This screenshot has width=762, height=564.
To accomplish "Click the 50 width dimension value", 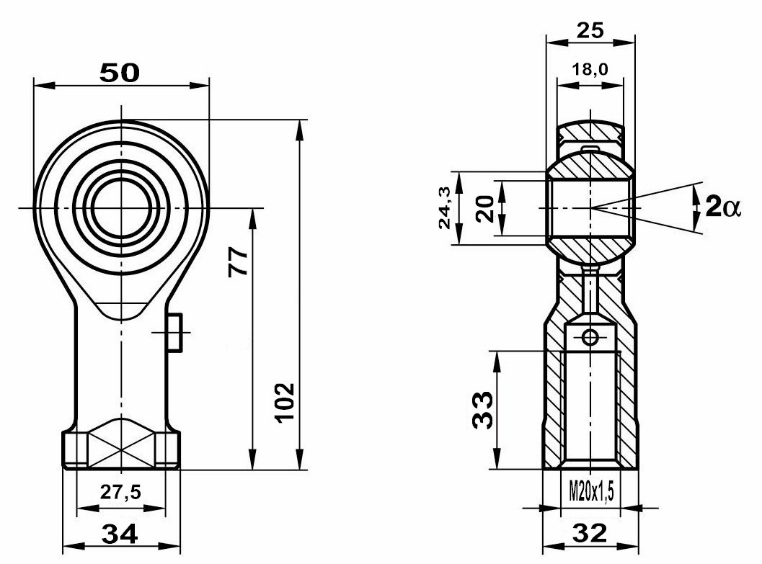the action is coord(120,73).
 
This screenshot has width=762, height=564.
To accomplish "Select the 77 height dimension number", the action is coord(238,262).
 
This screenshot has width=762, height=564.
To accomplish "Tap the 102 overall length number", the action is coord(285,403).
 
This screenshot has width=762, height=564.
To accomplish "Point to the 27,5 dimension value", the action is coord(120,492).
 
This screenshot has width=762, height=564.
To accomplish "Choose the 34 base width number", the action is coord(120,534).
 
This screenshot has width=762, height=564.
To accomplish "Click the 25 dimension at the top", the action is coord(590,30).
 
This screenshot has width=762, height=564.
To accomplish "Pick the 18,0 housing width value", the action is coord(590,69).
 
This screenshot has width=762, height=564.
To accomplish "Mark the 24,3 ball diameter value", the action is coord(445,208).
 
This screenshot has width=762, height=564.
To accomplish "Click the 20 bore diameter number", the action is coord(484,209).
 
